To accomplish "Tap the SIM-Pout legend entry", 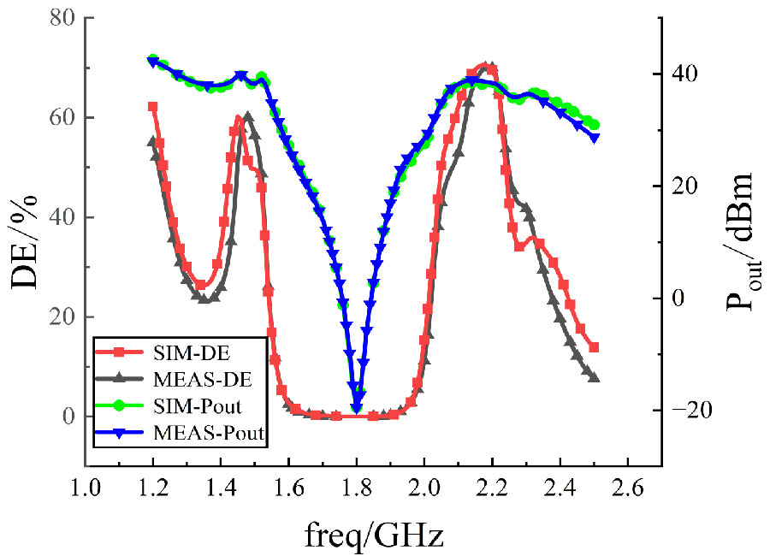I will [x=180, y=407].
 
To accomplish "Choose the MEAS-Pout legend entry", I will [x=180, y=435].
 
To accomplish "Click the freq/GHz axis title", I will [x=374, y=535].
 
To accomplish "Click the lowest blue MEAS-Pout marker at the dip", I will [x=357, y=409].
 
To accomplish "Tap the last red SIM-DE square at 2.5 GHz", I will [x=594, y=347].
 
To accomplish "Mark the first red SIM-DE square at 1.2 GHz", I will [x=153, y=107].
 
